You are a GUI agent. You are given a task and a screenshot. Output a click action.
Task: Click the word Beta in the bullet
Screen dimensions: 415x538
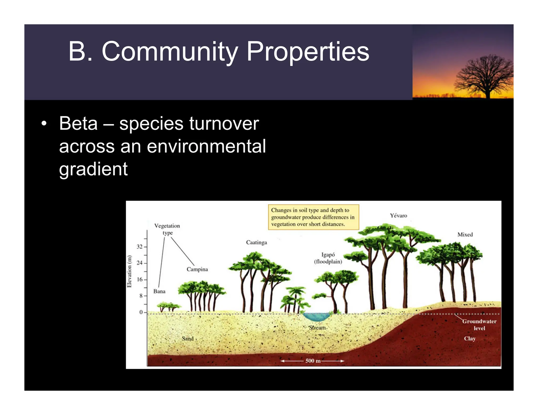coord(78,124)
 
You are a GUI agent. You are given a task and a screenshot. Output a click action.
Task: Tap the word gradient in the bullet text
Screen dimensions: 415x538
coord(93,170)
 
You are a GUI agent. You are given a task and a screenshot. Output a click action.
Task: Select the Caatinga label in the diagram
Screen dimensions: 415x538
coord(256,242)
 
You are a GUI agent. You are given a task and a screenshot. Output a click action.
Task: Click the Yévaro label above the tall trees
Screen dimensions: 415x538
coord(398,216)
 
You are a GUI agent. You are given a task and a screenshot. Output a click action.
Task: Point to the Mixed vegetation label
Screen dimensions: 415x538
coord(465,235)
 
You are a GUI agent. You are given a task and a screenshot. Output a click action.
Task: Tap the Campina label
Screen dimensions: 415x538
coord(197,269)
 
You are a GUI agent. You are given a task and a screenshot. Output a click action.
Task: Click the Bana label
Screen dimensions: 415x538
coord(159,291)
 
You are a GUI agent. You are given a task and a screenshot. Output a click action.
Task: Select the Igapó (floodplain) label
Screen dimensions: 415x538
coord(328,258)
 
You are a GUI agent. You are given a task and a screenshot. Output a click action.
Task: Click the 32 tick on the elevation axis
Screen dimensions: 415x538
coord(139,247)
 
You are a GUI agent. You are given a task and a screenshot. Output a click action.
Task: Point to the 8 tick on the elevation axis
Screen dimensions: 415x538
coord(141,296)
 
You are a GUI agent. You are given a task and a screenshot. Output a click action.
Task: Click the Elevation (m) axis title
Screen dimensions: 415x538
coord(129,271)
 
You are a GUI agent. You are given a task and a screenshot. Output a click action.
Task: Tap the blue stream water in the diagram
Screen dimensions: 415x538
coord(316,317)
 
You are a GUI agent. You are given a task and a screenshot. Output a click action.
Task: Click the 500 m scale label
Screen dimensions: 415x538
coord(313,361)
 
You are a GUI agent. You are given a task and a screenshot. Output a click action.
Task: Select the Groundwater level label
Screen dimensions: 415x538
coord(479,324)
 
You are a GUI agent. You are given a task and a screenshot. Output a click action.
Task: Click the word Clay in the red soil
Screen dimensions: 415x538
coord(469,339)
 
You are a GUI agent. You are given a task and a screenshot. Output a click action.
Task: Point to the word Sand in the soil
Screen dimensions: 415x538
coord(188,339)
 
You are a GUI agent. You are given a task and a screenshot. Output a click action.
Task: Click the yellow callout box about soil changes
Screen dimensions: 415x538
coord(313,217)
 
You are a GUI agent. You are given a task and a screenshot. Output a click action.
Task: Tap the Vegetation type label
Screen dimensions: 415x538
coord(167,229)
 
